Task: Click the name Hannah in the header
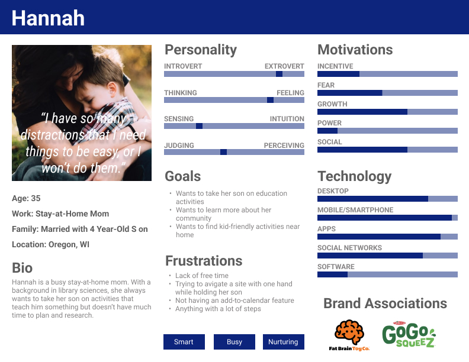click(48, 18)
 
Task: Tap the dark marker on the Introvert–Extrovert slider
click(279, 74)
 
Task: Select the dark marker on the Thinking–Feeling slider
click(270, 100)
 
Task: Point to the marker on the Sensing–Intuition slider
click(199, 126)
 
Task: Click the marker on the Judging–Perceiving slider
click(223, 152)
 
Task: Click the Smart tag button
click(184, 342)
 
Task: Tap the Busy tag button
click(234, 342)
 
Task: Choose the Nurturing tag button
click(283, 342)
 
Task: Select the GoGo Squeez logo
click(409, 335)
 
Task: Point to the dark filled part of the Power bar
click(327, 131)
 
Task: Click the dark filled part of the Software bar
click(332, 274)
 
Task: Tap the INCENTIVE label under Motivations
click(335, 66)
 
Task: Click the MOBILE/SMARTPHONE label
click(355, 210)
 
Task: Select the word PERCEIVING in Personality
click(284, 146)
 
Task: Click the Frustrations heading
click(204, 261)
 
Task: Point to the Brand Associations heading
click(386, 303)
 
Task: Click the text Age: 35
click(26, 198)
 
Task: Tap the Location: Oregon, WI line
click(50, 245)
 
